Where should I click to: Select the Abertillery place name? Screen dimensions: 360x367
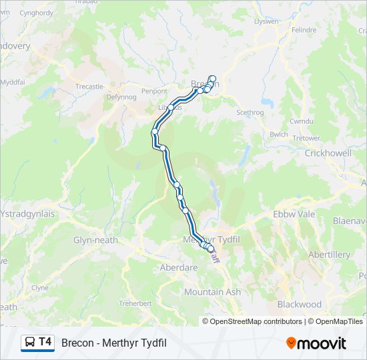[x=329, y=255]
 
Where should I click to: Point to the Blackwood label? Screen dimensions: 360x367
[x=299, y=305]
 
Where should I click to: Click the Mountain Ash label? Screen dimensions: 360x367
[x=212, y=292]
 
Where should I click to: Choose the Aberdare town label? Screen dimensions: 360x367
[x=179, y=267]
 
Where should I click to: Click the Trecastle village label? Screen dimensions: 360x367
[x=90, y=87]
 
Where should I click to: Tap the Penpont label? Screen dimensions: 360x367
[x=153, y=91]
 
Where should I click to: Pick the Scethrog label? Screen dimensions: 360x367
[x=250, y=113]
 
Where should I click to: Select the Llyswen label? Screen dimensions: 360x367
[x=267, y=21]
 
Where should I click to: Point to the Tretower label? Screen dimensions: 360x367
[x=306, y=138]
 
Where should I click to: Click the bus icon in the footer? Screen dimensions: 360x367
[x=30, y=343]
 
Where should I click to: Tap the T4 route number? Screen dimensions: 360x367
[x=45, y=342]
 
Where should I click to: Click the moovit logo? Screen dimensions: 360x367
[x=316, y=343]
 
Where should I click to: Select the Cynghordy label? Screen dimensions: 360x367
[x=36, y=13]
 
